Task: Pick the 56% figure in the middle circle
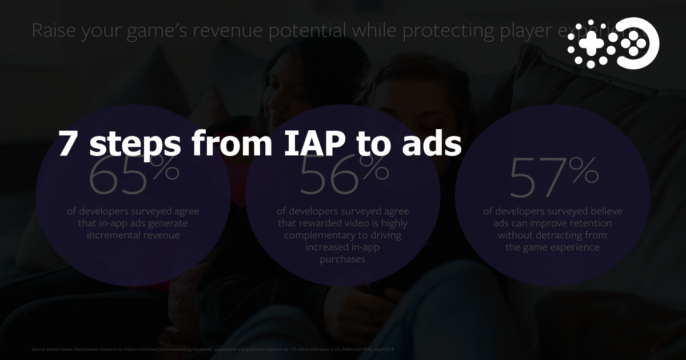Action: click(x=344, y=174)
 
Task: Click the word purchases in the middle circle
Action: click(x=343, y=259)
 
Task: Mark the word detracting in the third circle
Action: click(x=560, y=235)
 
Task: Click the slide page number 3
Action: click(x=652, y=349)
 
